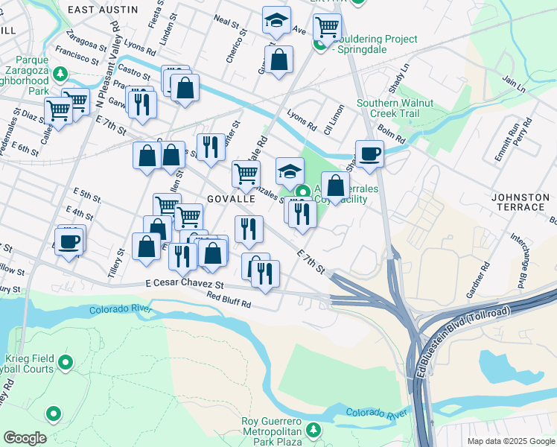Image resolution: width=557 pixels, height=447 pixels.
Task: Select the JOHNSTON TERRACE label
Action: tap(520, 197)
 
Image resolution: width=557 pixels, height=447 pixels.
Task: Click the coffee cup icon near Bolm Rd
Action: tap(369, 154)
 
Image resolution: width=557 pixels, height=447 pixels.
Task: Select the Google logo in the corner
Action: tap(24, 438)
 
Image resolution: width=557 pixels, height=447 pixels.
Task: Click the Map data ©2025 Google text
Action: tap(510, 441)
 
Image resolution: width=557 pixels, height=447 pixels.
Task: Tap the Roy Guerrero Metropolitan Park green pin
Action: tap(313, 428)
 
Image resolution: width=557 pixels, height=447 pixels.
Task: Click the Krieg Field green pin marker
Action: tap(66, 363)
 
